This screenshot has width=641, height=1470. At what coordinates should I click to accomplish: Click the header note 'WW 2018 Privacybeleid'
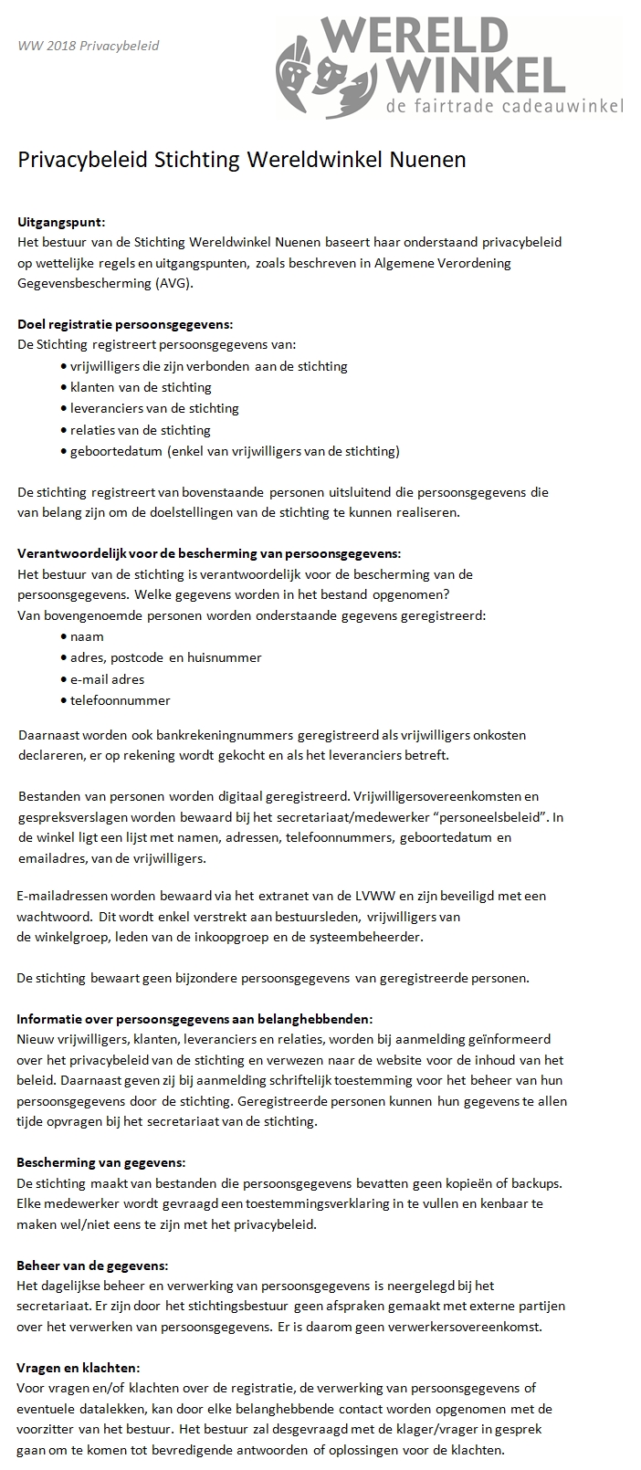89,45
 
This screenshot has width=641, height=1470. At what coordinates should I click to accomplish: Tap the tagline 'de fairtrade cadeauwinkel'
505,107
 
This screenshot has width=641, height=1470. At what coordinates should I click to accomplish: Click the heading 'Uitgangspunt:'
61,221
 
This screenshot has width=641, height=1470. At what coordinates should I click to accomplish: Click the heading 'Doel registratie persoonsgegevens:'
125,324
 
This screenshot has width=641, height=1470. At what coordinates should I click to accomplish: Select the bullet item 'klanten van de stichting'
141,387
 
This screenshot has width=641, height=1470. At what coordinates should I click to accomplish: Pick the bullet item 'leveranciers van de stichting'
154,408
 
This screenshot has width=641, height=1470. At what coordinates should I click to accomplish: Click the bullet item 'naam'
87,636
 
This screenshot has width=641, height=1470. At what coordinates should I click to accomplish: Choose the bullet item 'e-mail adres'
107,679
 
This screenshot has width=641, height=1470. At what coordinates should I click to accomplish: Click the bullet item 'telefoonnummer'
120,700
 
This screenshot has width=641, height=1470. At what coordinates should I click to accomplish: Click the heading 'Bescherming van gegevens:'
101,1162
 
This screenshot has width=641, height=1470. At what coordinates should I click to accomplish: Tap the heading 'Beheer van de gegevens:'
92,1265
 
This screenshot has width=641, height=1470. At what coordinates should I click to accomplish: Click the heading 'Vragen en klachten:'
79,1368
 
